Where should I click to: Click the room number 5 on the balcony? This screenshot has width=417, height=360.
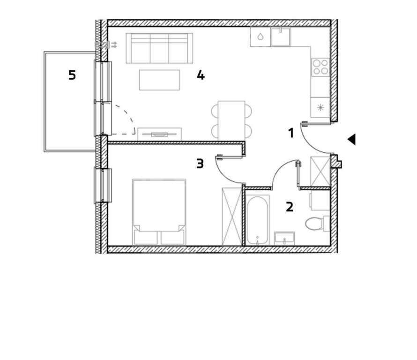(72, 75)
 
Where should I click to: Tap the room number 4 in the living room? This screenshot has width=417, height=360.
(201, 75)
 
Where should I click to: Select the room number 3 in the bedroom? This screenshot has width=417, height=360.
(200, 164)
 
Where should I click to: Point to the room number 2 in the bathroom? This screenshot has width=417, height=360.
(290, 207)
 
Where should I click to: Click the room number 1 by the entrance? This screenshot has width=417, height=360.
(291, 133)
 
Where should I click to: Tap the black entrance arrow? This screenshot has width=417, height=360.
(351, 139)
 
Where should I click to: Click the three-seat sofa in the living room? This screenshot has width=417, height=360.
(159, 48)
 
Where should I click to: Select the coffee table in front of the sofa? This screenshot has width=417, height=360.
(159, 80)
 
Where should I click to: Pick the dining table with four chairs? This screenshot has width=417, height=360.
(231, 120)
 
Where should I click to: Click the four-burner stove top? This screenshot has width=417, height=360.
(320, 67)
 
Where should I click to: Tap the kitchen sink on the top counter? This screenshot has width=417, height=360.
(281, 37)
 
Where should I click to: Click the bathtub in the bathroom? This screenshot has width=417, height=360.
(257, 220)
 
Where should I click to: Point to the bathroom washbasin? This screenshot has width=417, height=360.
(284, 238)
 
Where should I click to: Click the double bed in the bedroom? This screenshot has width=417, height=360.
(159, 212)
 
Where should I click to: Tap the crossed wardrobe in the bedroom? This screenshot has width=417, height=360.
(232, 216)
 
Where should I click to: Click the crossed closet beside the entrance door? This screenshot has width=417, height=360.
(320, 172)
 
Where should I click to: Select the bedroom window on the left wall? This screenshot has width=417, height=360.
(103, 186)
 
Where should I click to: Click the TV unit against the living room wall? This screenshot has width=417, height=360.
(160, 134)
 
